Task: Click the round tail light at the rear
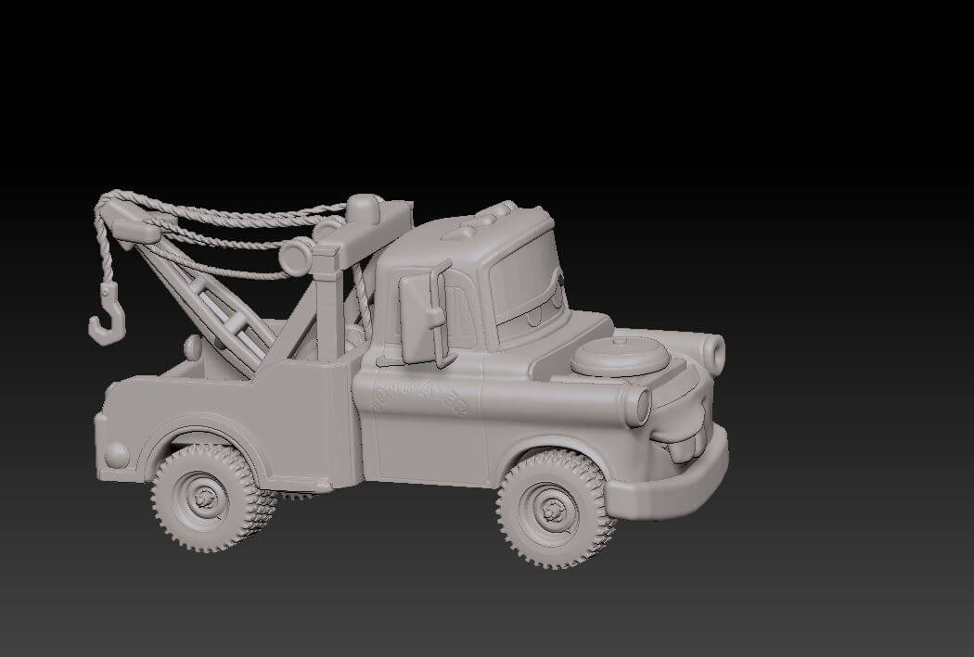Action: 117,454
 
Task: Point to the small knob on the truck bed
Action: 193,347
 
